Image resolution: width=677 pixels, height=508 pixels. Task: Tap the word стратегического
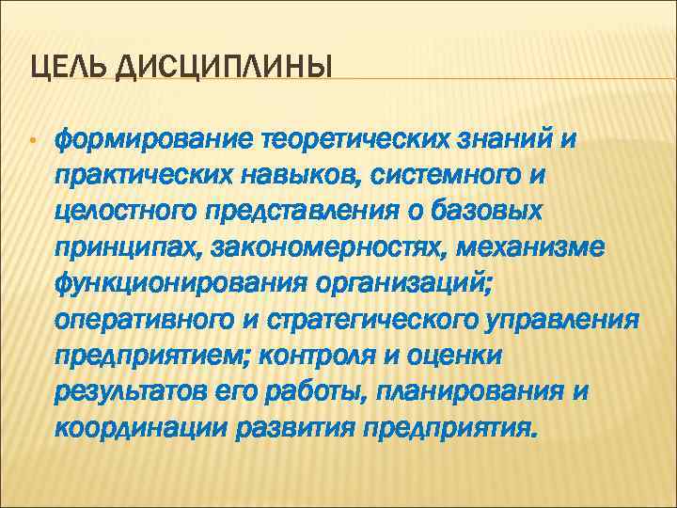384,320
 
